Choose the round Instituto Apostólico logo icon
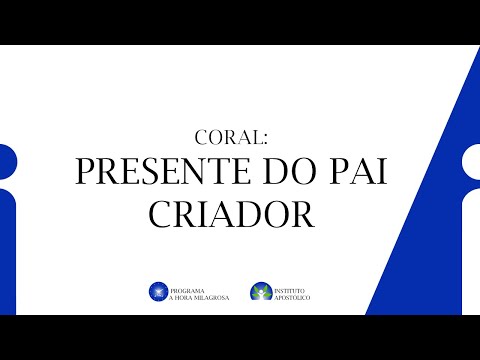[261, 291]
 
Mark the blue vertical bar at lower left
[8, 250]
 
